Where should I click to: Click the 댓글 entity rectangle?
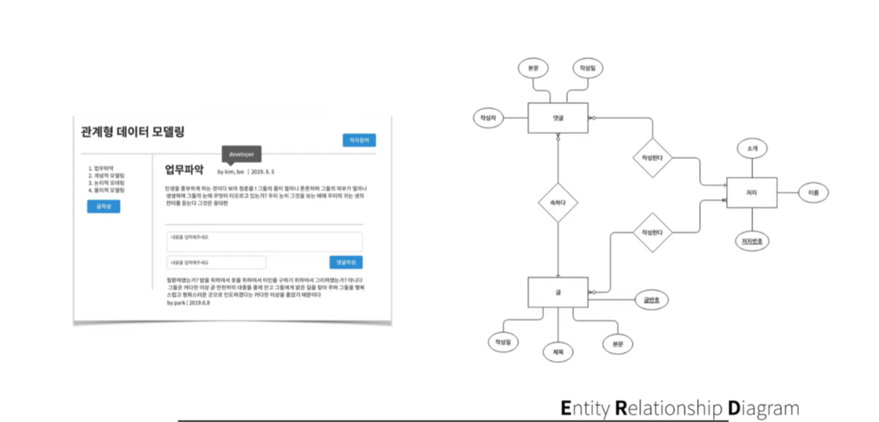pyautogui.click(x=558, y=117)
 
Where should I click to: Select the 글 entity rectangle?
pyautogui.click(x=558, y=292)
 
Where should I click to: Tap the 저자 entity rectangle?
pyautogui.click(x=751, y=192)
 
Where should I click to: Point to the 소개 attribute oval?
pyautogui.click(x=752, y=148)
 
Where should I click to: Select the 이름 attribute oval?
pyautogui.click(x=813, y=192)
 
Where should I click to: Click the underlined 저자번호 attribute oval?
pyautogui.click(x=751, y=240)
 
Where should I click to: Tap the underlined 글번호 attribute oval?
pyautogui.click(x=652, y=299)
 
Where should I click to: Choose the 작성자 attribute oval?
pyautogui.click(x=488, y=117)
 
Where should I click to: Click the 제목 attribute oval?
pyautogui.click(x=558, y=351)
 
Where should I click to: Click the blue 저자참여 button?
pyautogui.click(x=359, y=140)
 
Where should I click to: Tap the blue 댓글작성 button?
pyautogui.click(x=345, y=262)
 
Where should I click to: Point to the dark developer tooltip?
pyautogui.click(x=241, y=155)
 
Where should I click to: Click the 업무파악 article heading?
pyautogui.click(x=184, y=171)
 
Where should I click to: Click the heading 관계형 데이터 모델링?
pyautogui.click(x=133, y=132)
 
